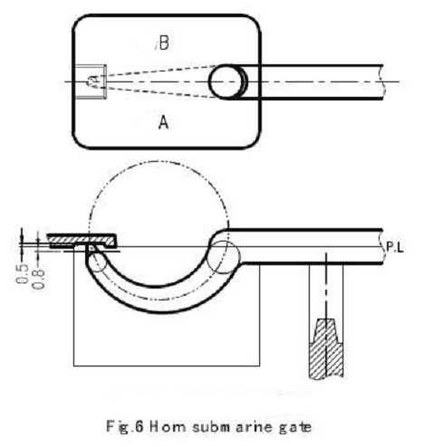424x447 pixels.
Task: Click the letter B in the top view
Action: tap(164, 43)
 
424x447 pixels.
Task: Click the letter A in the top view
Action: tap(163, 123)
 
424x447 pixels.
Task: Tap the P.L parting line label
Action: tap(395, 247)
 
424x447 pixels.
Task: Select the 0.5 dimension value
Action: tap(22, 273)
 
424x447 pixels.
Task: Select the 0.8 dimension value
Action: tap(39, 278)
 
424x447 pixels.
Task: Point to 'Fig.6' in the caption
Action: tap(124, 427)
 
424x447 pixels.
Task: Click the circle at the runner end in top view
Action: tap(226, 81)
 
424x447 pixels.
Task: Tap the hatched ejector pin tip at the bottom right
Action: tap(326, 348)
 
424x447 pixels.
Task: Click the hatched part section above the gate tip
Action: tap(82, 241)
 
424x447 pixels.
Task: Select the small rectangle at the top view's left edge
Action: tap(91, 81)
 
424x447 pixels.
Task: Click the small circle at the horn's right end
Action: tap(225, 257)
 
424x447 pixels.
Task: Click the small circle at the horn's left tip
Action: tap(97, 262)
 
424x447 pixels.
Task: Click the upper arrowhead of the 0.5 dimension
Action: tap(22, 238)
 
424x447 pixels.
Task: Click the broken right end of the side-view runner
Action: tap(383, 247)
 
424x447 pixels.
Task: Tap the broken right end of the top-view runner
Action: tap(383, 81)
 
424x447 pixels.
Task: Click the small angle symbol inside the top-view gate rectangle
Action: tap(93, 81)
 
